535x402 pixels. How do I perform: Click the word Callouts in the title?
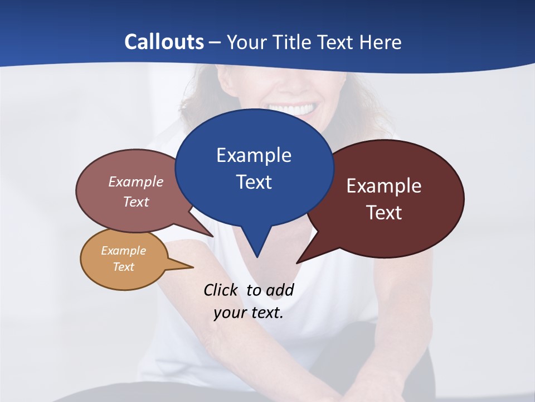(164, 42)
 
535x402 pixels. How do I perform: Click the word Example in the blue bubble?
(254, 155)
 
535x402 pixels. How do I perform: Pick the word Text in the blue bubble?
(254, 182)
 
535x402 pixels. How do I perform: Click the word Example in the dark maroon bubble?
(384, 186)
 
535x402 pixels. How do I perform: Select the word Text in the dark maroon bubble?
(384, 213)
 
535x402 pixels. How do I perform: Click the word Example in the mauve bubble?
(136, 181)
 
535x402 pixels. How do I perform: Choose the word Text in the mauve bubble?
(136, 202)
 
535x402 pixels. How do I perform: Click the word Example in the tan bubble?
(123, 251)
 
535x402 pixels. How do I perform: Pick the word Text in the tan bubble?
(123, 267)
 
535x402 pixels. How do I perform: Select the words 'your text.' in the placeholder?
(249, 313)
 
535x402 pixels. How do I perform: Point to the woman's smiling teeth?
(292, 108)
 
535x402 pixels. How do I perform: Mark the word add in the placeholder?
(280, 290)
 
